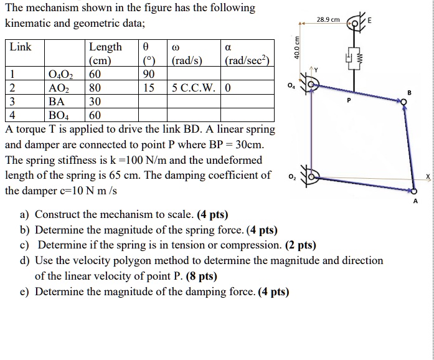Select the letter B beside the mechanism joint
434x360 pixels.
(x=410, y=93)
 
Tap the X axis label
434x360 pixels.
(x=427, y=178)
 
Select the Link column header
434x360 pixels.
(x=21, y=48)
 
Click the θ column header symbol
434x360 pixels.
(x=146, y=48)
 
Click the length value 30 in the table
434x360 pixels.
(x=96, y=101)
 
